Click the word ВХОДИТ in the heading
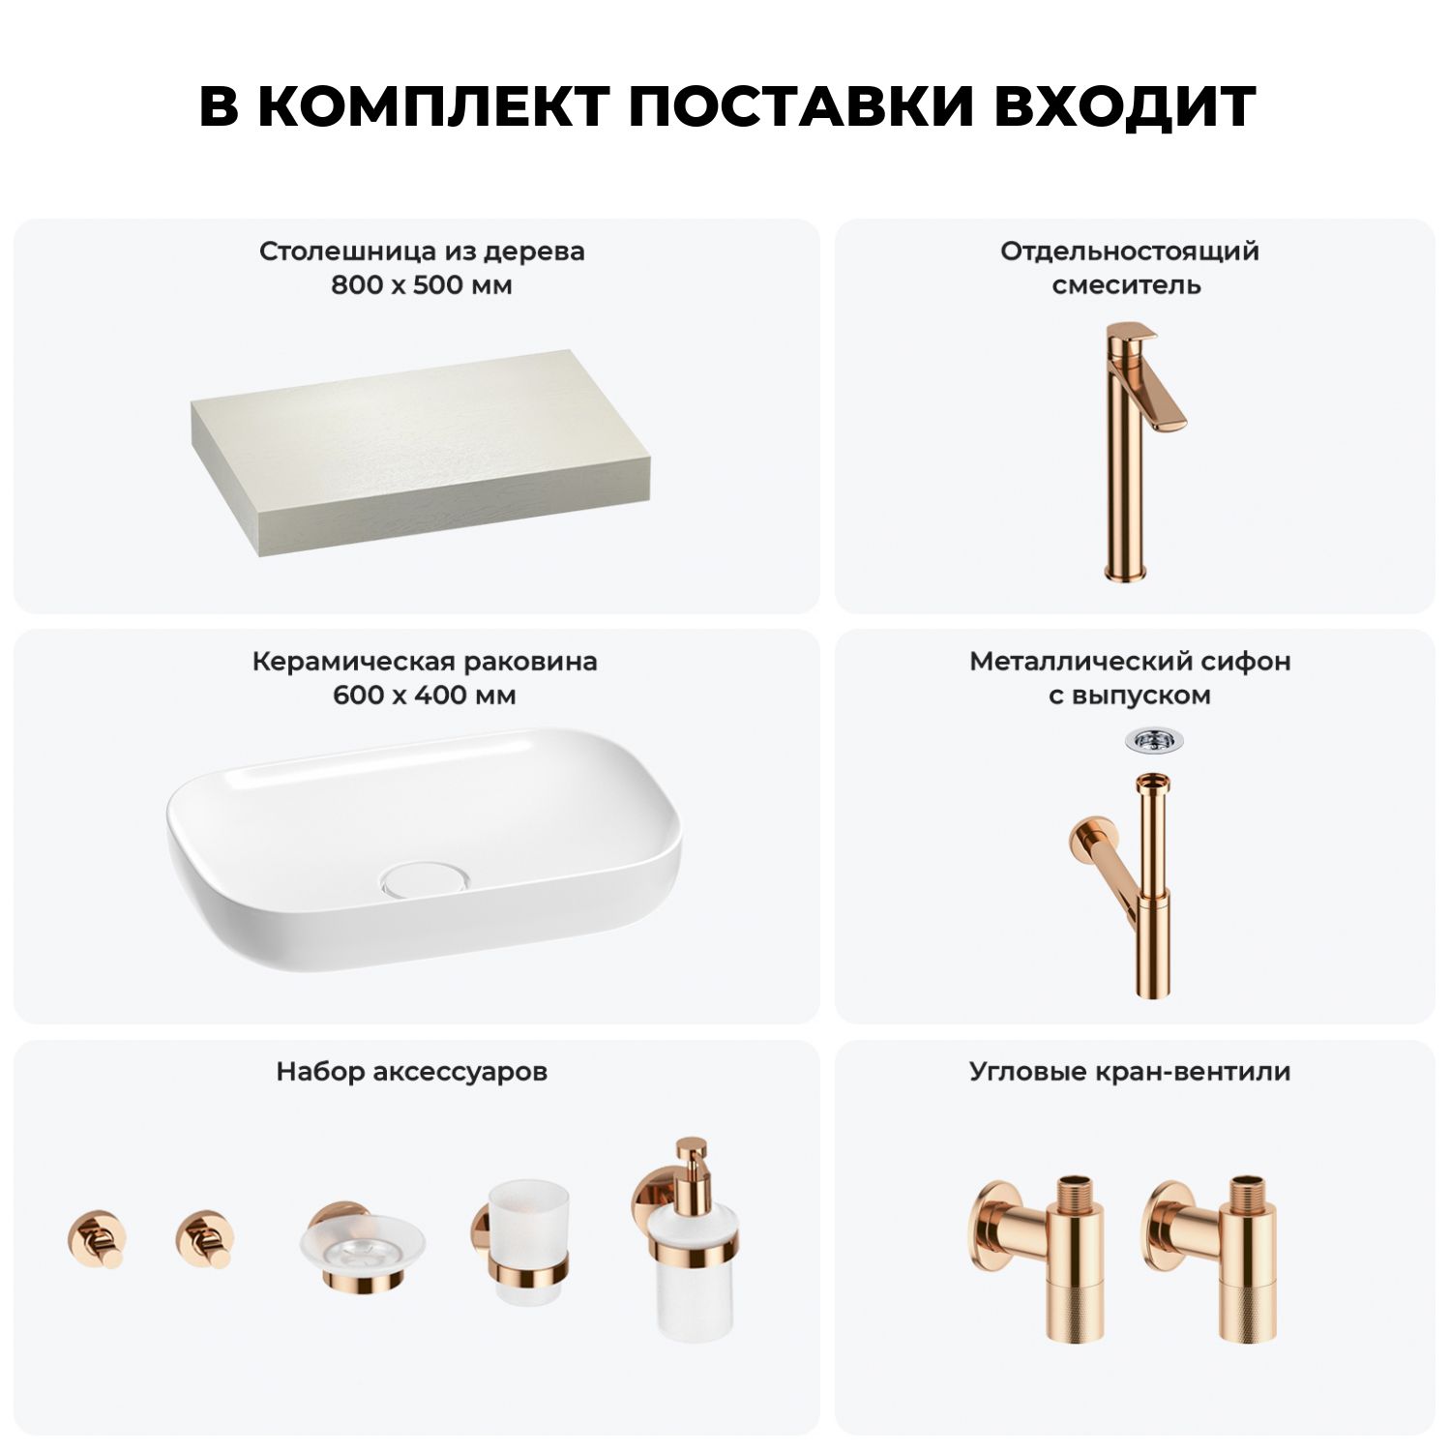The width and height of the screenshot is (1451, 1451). pyautogui.click(x=1125, y=106)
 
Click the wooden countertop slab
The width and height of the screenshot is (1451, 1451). pyautogui.click(x=419, y=452)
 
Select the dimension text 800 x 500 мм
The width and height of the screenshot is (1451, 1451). pyautogui.click(x=422, y=285)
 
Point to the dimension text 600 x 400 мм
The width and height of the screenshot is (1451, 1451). pyautogui.click(x=425, y=696)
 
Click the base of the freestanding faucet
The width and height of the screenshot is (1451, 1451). pyautogui.click(x=1126, y=571)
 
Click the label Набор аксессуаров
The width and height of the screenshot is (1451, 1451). pyautogui.click(x=412, y=1072)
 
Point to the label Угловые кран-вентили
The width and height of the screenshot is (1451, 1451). pyautogui.click(x=1130, y=1072)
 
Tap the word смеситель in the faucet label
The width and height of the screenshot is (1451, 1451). pyautogui.click(x=1127, y=285)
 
